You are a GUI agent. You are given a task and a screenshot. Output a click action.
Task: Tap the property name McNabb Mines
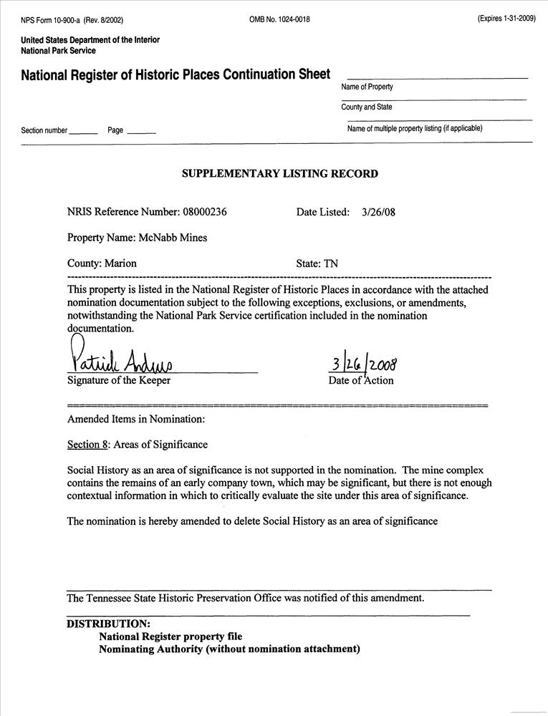pos(173,238)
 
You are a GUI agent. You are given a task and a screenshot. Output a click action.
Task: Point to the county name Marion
pos(120,263)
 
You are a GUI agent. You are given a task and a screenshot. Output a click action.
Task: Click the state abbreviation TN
pos(331,263)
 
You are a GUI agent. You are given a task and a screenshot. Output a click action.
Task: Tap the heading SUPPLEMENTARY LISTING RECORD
pos(279,173)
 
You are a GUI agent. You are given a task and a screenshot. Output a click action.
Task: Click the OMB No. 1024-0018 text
pos(279,19)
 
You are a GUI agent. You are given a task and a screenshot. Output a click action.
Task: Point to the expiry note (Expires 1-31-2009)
pos(506,19)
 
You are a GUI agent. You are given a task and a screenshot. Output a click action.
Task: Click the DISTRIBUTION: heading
pos(108,624)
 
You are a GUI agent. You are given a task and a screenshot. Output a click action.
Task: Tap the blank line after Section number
pos(84,132)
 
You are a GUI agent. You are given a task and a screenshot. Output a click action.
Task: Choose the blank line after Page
pos(141,132)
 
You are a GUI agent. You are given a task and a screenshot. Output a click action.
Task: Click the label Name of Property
pos(367,87)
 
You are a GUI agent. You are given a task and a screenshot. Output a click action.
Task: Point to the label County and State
pos(367,107)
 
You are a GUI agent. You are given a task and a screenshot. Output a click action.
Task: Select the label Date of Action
pos(361,380)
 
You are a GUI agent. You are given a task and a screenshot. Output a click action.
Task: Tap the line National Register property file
pos(170,636)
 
